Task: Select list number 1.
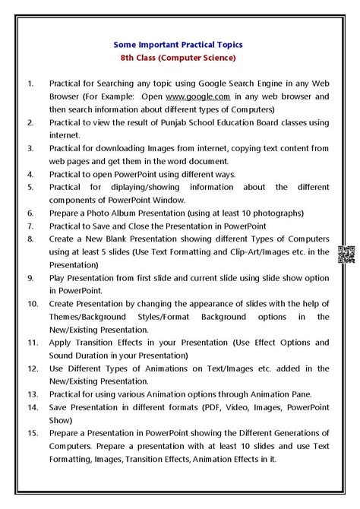30,83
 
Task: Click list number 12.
31,368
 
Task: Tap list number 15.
31,432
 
